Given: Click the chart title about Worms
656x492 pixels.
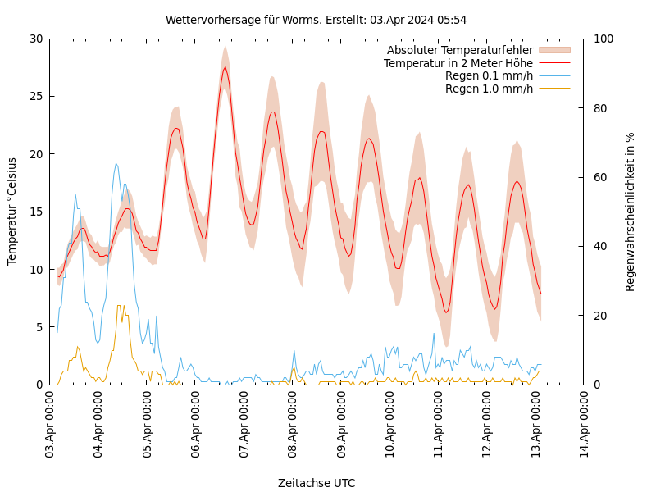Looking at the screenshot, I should pos(316,20).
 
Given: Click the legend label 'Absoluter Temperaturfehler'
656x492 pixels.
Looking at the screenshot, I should pos(460,50).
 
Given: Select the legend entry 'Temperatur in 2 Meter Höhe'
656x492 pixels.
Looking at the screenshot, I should pos(458,63).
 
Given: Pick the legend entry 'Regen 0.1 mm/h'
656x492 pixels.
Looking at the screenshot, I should pos(489,75).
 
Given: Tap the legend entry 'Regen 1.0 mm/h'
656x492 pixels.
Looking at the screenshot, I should pos(489,89).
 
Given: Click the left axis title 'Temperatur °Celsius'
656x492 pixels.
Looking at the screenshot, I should pos(12,211).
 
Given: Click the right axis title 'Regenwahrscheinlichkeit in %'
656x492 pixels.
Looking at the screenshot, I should pos(631,211).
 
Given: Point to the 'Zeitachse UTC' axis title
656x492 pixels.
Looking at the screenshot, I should pos(317,483).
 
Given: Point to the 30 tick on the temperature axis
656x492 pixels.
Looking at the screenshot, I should pos(35,39).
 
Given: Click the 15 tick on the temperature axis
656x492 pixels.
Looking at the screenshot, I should pos(35,212).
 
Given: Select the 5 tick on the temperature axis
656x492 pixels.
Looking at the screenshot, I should pos(39,327).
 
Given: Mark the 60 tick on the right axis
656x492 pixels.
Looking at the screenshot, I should pos(599,177).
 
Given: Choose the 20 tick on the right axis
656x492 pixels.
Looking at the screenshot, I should pos(599,316).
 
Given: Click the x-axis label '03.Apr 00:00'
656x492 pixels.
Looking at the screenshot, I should pos(50,426).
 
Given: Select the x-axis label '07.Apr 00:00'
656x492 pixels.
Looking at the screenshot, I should pos(244,426).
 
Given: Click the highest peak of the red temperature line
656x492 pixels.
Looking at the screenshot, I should pos(225,66).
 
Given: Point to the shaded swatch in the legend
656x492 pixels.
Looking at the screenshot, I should pos(553,50).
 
